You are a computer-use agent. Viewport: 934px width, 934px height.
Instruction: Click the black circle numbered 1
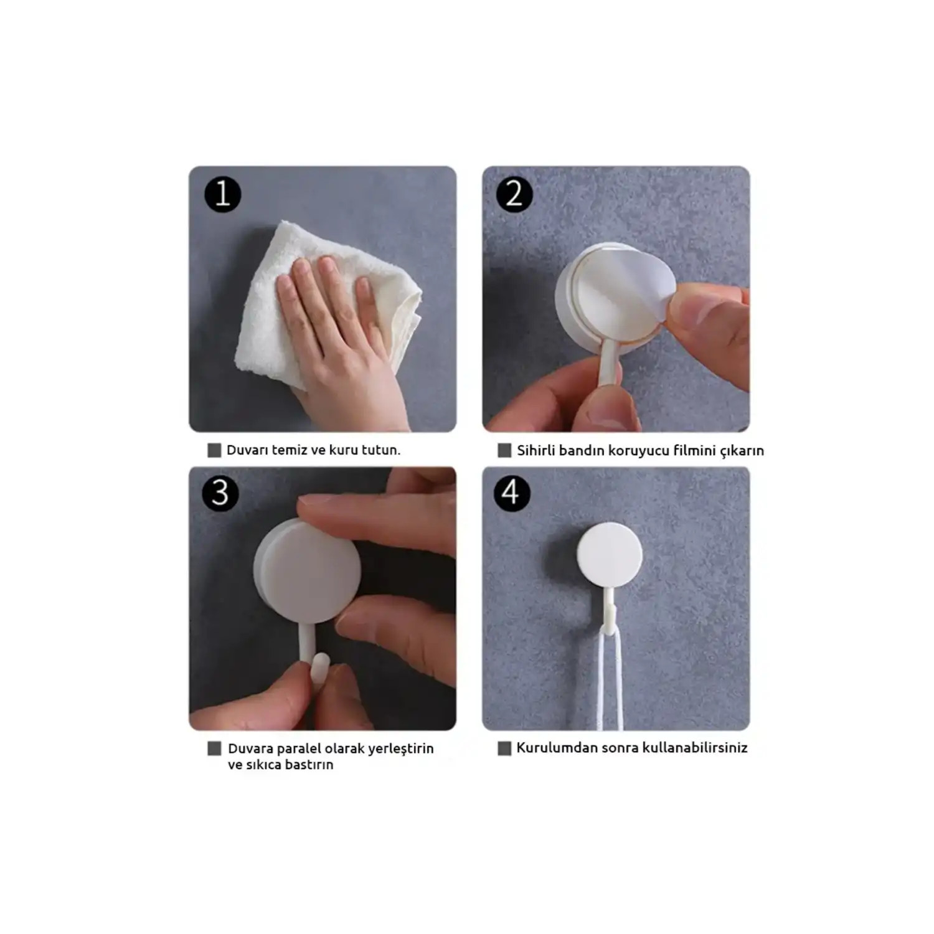tap(222, 194)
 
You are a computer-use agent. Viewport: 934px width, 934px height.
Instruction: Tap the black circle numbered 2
tap(514, 194)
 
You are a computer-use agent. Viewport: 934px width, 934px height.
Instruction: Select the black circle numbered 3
tap(220, 493)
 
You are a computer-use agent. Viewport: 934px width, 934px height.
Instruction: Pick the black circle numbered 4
tap(512, 493)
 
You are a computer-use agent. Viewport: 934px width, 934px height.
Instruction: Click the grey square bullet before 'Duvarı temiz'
tap(214, 450)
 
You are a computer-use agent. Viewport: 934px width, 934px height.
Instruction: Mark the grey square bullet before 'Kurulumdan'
tap(504, 748)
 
